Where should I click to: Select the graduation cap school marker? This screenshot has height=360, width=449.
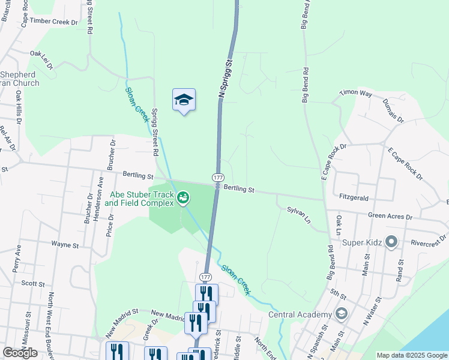pos(184,100)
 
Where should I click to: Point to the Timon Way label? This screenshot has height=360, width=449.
pos(356,93)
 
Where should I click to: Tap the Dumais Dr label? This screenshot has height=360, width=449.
pos(394,110)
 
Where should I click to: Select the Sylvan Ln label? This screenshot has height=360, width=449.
pos(299,215)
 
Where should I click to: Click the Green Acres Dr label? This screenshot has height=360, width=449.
pos(390,216)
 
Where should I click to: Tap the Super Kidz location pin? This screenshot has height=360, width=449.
pos(392,242)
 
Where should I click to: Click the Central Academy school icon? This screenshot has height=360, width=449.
pos(341,314)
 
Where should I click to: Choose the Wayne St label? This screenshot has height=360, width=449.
pos(65,245)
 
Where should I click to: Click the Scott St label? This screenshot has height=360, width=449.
pos(33,283)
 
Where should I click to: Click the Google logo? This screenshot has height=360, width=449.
pos(20,353)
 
